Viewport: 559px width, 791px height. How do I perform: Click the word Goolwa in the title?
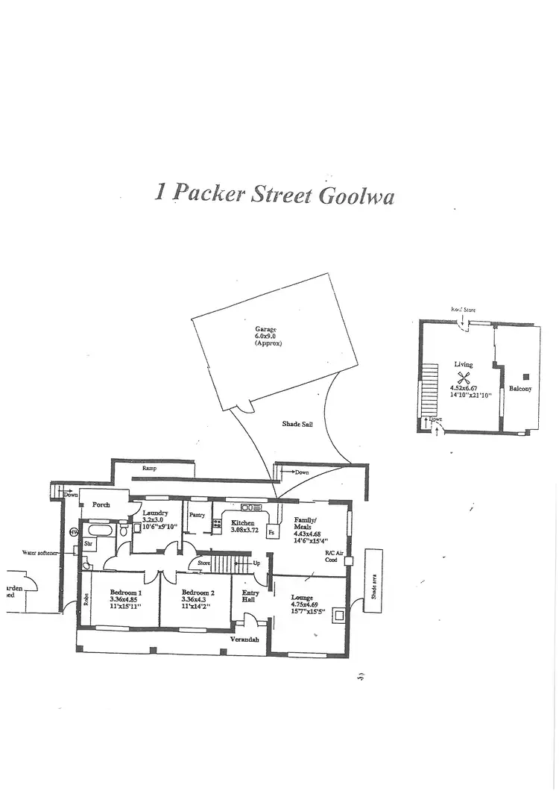tap(356, 195)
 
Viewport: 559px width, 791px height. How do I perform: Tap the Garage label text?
tap(265, 329)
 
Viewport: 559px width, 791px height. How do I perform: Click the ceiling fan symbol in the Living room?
tap(464, 377)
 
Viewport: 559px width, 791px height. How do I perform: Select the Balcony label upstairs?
tap(519, 389)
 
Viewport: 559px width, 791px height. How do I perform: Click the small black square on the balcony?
tap(525, 376)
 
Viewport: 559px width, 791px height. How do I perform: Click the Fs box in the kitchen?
tap(271, 534)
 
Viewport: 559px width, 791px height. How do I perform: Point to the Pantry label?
tap(197, 515)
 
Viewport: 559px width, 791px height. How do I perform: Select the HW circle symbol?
tap(74, 532)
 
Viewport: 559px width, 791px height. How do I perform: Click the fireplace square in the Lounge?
tap(338, 616)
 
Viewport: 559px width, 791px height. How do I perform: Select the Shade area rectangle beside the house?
tap(373, 581)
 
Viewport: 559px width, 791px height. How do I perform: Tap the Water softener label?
tap(40, 553)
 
